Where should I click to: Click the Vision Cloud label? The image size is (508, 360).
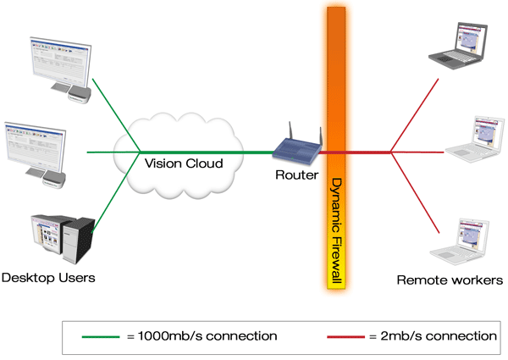coord(184,163)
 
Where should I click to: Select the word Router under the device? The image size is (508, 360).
coord(296,175)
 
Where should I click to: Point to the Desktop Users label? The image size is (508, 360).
coord(48,278)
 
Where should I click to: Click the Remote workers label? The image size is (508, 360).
coord(450,280)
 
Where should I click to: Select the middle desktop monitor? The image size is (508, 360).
coord(37,144)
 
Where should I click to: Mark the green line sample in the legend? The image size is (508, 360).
coord(102,336)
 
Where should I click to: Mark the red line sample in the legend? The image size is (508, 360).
coord(346,336)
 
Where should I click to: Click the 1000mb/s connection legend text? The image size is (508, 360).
coord(202,336)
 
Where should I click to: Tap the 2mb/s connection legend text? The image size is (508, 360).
coord(433,336)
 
